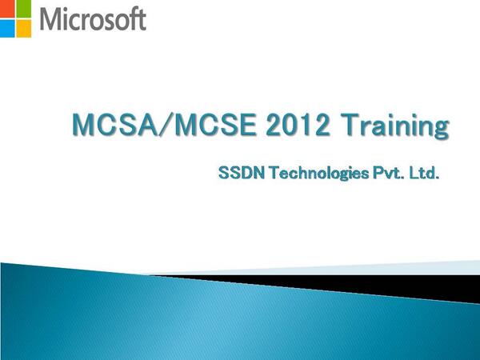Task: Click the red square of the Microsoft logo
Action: [7, 8]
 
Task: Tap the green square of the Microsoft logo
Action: [23, 8]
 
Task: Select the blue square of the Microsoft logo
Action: [7, 26]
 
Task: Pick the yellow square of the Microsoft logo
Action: [23, 26]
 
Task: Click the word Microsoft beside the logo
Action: [91, 18]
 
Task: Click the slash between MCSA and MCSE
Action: [156, 126]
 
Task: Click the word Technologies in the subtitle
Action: [313, 174]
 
